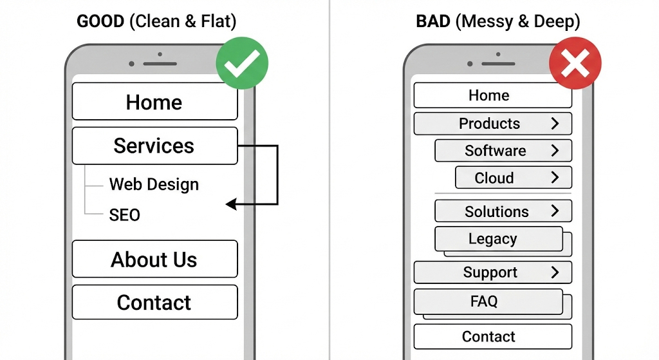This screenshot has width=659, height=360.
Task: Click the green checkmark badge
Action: (242, 63)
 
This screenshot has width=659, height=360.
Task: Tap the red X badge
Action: (575, 63)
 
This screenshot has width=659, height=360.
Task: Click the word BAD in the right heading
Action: (433, 21)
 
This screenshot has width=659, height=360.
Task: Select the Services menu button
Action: (154, 146)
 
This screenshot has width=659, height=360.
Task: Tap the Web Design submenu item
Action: (154, 184)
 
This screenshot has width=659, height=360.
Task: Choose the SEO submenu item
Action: (124, 214)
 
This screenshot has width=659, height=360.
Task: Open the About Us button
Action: (154, 260)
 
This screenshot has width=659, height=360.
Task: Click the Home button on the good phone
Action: (154, 102)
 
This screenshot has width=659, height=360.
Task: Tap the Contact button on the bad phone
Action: (492, 336)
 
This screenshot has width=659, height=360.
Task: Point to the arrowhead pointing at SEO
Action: (230, 205)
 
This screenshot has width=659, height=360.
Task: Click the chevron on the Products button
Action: (555, 124)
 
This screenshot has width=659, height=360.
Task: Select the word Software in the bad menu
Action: (495, 151)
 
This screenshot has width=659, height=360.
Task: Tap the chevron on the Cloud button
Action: (555, 178)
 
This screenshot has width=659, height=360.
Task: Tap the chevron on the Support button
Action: (555, 272)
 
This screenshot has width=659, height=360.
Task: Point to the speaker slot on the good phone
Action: (160, 64)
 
